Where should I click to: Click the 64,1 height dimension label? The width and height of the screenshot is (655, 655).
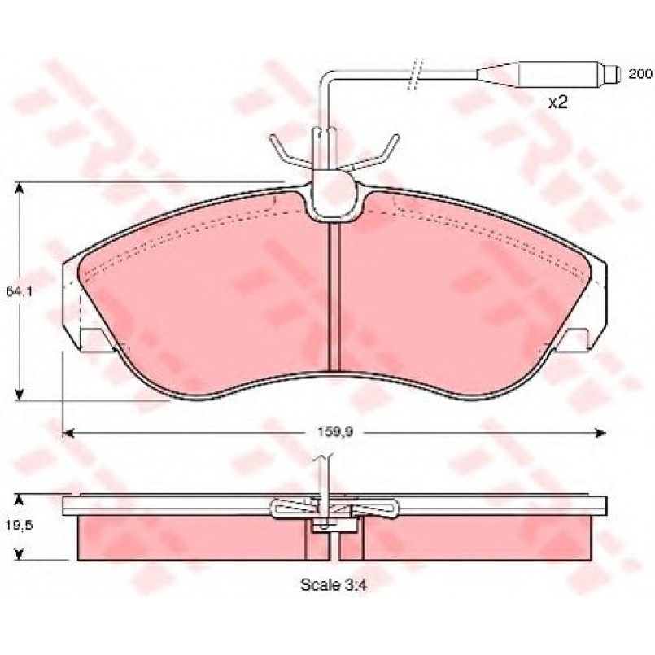coord(20,291)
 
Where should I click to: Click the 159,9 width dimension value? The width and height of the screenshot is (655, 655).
coord(335,432)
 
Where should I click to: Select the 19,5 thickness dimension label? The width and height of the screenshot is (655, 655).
coord(19,525)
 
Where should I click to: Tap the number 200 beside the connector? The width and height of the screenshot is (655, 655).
coord(640,74)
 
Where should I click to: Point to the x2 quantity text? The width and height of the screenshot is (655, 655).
coord(558,102)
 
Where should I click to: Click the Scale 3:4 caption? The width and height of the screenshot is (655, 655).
coord(334,585)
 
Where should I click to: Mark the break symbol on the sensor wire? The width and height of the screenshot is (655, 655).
coord(416,73)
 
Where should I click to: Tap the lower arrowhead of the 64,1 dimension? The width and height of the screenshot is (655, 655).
coord(19,394)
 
